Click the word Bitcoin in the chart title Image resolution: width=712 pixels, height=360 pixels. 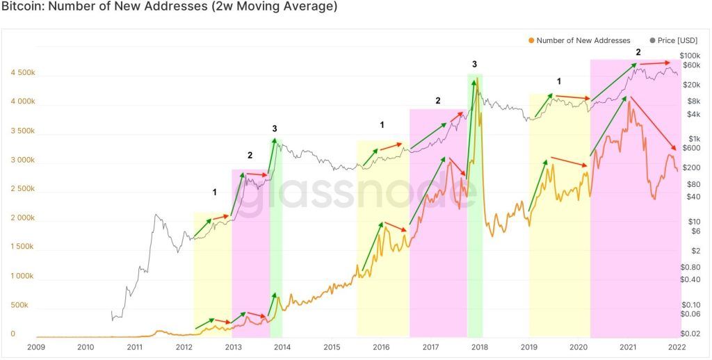coord(22,8)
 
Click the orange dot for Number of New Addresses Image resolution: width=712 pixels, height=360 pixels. coord(531,40)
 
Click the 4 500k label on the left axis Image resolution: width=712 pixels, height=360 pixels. coord(22,72)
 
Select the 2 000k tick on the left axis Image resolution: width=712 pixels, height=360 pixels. coord(22,218)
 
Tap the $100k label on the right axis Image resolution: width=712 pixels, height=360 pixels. coord(691,56)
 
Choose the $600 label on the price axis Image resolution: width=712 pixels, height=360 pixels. coord(690,147)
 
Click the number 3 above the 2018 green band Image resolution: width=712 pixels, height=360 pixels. coord(474,65)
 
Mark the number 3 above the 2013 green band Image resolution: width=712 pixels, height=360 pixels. coord(275,129)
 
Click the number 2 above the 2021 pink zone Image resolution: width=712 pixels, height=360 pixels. coord(638,53)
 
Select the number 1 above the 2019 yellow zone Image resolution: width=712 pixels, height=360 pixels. coord(558,81)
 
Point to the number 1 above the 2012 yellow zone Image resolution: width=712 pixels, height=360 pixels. coord(214,191)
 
